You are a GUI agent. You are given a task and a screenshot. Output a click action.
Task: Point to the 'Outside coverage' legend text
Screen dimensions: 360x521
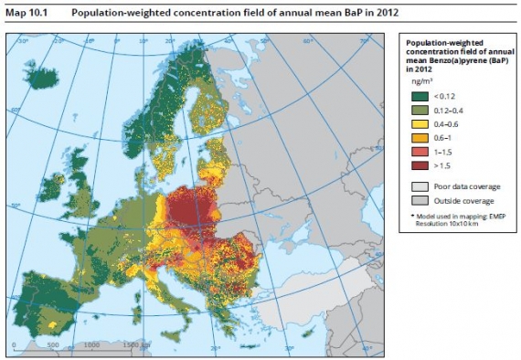click(464, 200)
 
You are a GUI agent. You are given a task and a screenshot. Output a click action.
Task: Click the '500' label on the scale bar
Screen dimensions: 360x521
click(52, 346)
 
